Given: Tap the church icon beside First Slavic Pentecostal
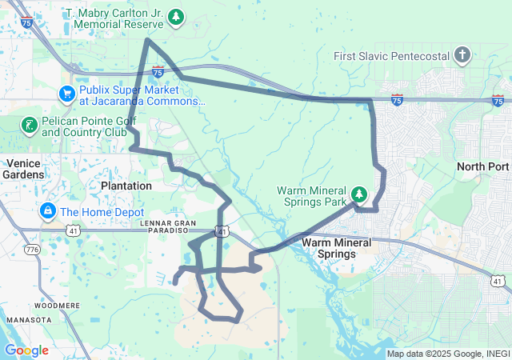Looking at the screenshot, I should click(462, 56).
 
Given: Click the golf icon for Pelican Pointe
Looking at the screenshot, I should click(29, 124).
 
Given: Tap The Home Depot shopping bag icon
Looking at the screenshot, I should click(47, 212).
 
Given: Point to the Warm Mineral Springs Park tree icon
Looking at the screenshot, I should click(359, 194).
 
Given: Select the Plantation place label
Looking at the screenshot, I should click(126, 186).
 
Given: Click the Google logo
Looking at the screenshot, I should click(26, 350).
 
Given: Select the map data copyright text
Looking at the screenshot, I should click(448, 354).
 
